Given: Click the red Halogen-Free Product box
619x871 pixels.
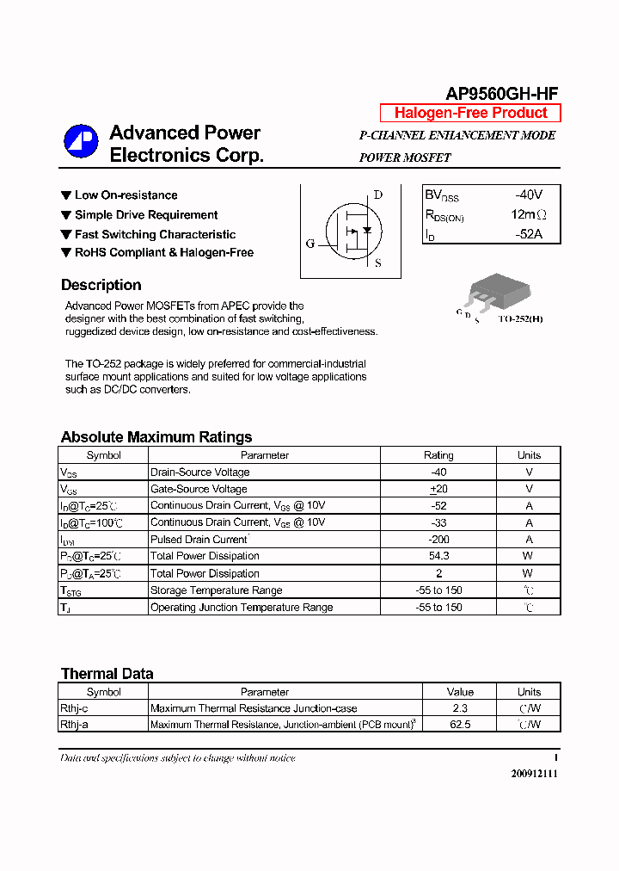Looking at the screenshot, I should (x=470, y=113).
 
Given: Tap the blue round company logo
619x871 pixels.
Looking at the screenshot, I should (x=81, y=142).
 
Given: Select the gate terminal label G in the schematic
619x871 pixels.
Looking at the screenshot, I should (x=310, y=244).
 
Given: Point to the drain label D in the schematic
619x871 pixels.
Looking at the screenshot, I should (x=378, y=195).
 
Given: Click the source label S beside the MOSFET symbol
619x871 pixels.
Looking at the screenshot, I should (x=378, y=263).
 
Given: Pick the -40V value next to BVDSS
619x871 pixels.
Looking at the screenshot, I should (x=529, y=195).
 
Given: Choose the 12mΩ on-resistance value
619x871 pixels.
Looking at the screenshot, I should (x=528, y=214).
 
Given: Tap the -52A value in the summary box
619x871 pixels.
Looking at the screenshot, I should (x=529, y=233).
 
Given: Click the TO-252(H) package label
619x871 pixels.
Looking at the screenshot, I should (x=520, y=318).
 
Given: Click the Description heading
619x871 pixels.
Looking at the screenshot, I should (x=101, y=285).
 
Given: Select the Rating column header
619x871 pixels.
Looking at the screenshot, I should (x=439, y=455).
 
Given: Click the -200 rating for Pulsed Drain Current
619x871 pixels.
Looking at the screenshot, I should (x=439, y=540).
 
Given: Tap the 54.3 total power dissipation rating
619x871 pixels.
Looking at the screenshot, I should (x=439, y=557).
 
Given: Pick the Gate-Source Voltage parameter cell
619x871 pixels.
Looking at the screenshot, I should (x=199, y=489).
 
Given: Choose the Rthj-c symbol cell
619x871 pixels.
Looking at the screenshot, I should (x=74, y=708).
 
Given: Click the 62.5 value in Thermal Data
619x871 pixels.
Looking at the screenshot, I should (x=460, y=725).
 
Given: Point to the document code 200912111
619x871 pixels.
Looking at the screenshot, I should (x=534, y=774).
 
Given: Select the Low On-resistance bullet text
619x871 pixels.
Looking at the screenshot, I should (x=126, y=195).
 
